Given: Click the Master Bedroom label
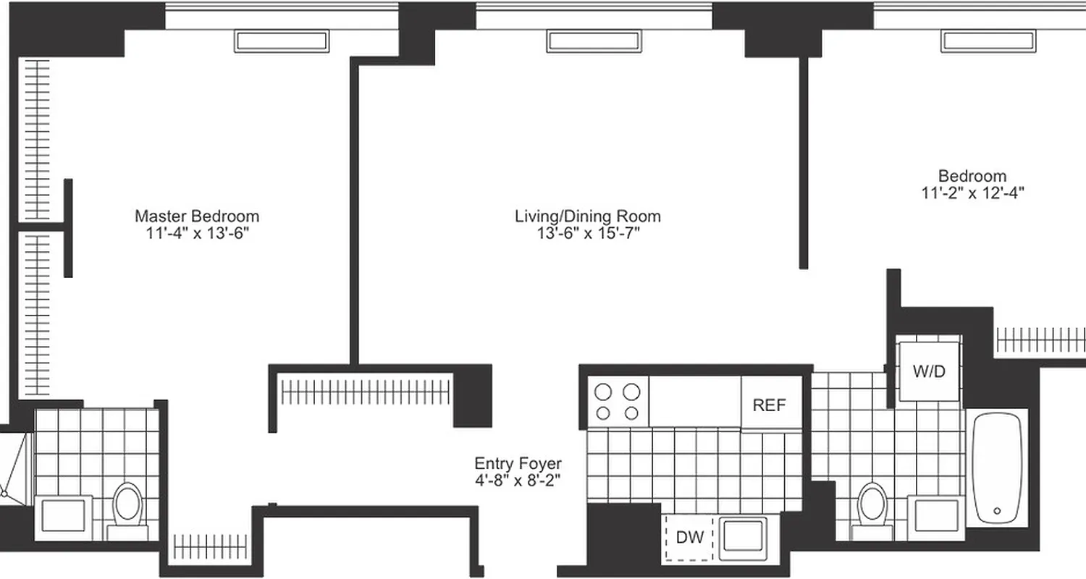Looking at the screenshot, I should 197,216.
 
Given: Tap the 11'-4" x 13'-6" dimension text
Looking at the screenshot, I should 197,233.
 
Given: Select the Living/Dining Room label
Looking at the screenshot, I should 588,216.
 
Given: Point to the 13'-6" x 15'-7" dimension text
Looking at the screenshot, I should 588,233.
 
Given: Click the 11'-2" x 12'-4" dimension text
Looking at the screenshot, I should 972,193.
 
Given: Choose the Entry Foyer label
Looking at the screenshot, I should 518,463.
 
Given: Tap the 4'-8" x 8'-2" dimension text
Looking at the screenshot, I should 518,480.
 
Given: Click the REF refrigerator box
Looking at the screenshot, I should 770,405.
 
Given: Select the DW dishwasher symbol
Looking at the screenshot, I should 690,538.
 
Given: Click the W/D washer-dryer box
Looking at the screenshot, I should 929,372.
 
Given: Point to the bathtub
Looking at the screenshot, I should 998,467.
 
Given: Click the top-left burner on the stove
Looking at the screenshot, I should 603,392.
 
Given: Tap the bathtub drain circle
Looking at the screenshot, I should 997,511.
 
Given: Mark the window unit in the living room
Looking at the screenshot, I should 593,41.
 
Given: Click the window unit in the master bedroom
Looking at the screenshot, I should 281,41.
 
